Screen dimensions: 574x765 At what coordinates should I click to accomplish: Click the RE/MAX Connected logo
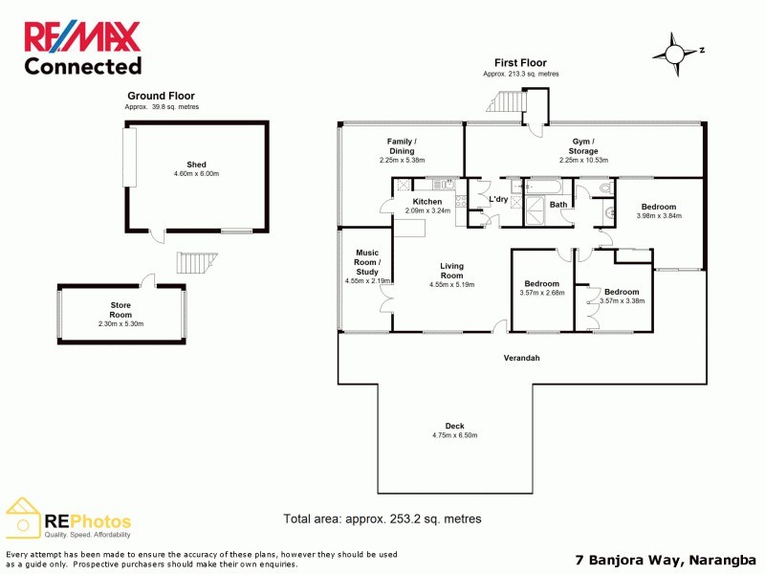82,48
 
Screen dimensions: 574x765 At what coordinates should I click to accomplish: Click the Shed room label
196,165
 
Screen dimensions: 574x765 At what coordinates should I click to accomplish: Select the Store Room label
120,309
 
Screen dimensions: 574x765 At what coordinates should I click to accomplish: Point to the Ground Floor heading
161,96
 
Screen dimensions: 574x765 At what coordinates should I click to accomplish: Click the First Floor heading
520,63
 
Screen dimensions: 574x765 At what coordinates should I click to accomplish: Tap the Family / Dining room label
401,146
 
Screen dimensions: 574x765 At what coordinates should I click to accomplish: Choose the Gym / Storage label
582,146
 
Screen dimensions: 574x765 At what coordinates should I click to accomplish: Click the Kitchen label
427,202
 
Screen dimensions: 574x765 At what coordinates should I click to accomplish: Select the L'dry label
498,199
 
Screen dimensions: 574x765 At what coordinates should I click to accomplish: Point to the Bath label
558,205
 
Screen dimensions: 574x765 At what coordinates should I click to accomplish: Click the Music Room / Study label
367,262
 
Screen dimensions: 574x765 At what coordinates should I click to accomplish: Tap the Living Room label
451,271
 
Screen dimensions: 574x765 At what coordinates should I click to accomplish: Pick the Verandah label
522,358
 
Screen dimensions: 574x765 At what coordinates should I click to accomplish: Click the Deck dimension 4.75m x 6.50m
454,435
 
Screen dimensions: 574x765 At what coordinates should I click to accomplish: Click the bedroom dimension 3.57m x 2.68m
541,293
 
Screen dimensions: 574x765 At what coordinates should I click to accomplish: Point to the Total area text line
382,519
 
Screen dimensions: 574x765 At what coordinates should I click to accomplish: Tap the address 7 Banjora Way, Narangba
667,560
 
